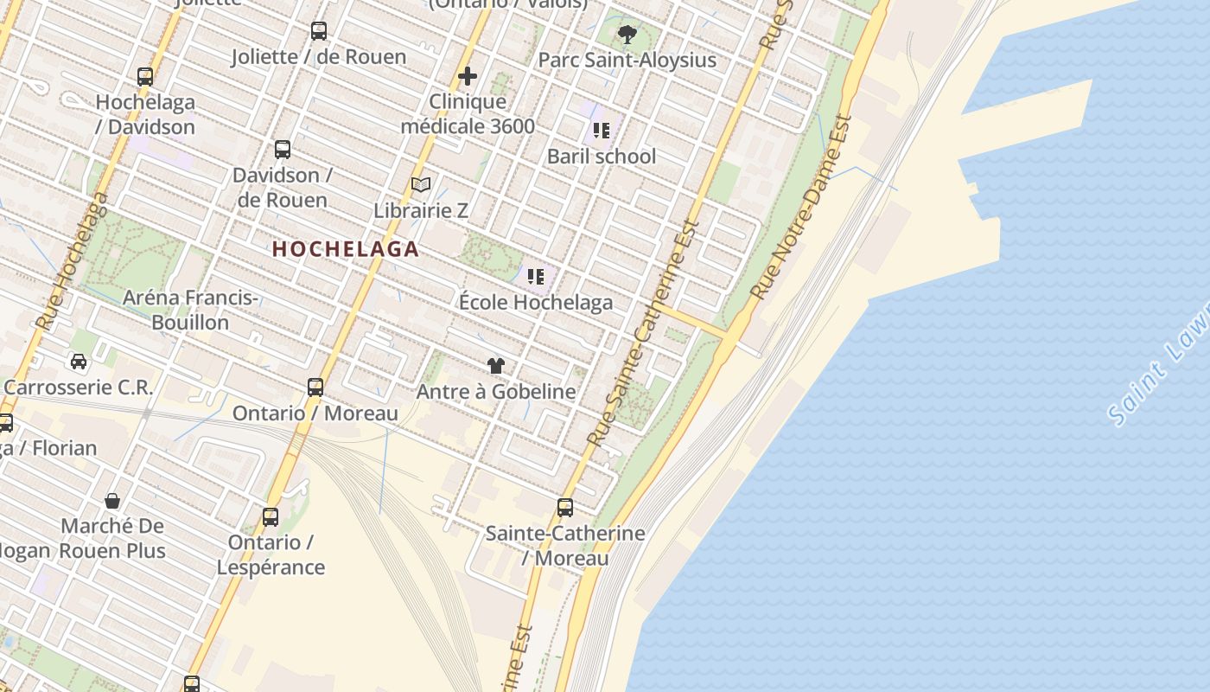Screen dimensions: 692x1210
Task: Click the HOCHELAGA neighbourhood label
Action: click(x=346, y=249)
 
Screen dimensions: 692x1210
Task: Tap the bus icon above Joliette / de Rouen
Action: click(x=319, y=32)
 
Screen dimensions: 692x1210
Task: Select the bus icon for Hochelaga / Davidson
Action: click(x=145, y=77)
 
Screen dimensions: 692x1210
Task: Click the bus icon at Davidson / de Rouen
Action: click(x=283, y=150)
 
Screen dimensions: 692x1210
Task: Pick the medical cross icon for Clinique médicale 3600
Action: click(x=468, y=76)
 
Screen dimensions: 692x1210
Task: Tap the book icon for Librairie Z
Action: click(x=421, y=185)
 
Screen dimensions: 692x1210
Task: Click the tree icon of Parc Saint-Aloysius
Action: click(x=627, y=35)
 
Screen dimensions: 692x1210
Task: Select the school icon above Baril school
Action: click(x=602, y=131)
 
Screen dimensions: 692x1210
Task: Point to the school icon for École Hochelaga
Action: click(x=536, y=277)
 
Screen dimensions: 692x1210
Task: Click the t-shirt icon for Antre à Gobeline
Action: click(x=495, y=366)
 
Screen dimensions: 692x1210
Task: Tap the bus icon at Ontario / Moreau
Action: click(x=315, y=388)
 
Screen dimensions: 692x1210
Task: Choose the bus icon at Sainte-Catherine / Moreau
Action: click(x=565, y=508)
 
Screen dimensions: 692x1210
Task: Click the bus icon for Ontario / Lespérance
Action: click(x=271, y=517)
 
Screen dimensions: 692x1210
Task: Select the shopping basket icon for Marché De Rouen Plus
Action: click(x=112, y=501)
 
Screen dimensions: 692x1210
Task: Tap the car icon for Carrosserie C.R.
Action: click(x=79, y=362)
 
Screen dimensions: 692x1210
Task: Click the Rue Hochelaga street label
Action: click(x=73, y=260)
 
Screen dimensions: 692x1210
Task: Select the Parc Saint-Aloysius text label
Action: click(x=627, y=60)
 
